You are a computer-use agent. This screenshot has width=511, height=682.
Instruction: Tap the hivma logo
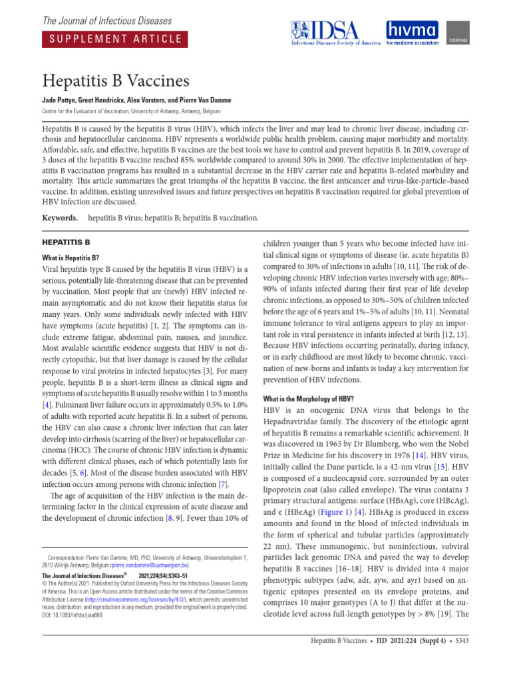pos(413,33)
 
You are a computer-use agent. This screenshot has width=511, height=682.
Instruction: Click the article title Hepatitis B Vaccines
pos(116,81)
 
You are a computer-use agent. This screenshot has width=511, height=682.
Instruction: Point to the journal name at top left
pos(106,21)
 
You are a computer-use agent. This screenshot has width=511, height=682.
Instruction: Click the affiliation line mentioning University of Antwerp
pos(131,111)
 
